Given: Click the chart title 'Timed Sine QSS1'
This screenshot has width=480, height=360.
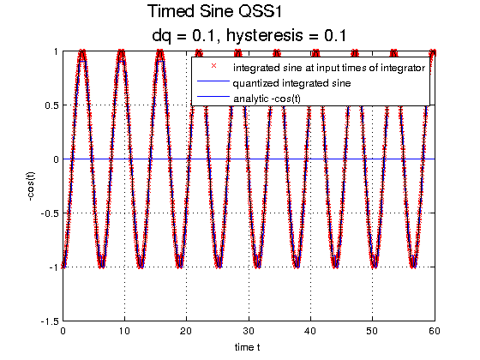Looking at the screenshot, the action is pyautogui.click(x=214, y=12).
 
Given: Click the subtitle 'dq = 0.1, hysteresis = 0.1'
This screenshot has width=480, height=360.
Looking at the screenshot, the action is pyautogui.click(x=249, y=36).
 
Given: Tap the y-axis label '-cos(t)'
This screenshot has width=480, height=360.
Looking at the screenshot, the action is pyautogui.click(x=31, y=187).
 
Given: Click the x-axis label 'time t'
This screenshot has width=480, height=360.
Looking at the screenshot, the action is pyautogui.click(x=248, y=347).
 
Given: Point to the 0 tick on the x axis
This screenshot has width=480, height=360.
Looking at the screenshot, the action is pyautogui.click(x=63, y=331).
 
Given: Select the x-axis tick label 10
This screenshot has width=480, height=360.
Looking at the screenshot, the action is pyautogui.click(x=124, y=331).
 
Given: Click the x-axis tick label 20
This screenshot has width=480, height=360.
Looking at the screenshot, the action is pyautogui.click(x=187, y=331).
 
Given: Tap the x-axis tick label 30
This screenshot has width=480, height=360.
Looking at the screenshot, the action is pyautogui.click(x=249, y=331).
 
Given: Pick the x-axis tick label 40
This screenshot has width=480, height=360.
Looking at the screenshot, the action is pyautogui.click(x=310, y=331).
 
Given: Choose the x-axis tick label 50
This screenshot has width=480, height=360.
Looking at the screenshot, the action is pyautogui.click(x=373, y=331).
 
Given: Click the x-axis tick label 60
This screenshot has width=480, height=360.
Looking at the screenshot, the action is pyautogui.click(x=435, y=331).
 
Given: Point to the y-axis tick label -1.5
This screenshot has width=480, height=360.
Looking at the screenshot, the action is pyautogui.click(x=50, y=321).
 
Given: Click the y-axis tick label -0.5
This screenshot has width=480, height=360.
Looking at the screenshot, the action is pyautogui.click(x=50, y=213).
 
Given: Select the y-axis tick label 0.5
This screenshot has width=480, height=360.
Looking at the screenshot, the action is pyautogui.click(x=51, y=105).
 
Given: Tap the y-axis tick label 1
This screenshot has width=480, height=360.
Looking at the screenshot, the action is pyautogui.click(x=56, y=51).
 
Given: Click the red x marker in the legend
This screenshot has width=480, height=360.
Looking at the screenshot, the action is pyautogui.click(x=213, y=66).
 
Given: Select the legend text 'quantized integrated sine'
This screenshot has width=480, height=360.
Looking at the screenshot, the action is pyautogui.click(x=291, y=83).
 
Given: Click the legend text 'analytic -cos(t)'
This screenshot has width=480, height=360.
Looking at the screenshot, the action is pyautogui.click(x=267, y=99).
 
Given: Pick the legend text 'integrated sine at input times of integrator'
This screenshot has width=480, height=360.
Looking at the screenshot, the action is pyautogui.click(x=329, y=68).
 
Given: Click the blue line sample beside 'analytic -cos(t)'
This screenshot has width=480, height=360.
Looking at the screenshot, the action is pyautogui.click(x=213, y=97).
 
